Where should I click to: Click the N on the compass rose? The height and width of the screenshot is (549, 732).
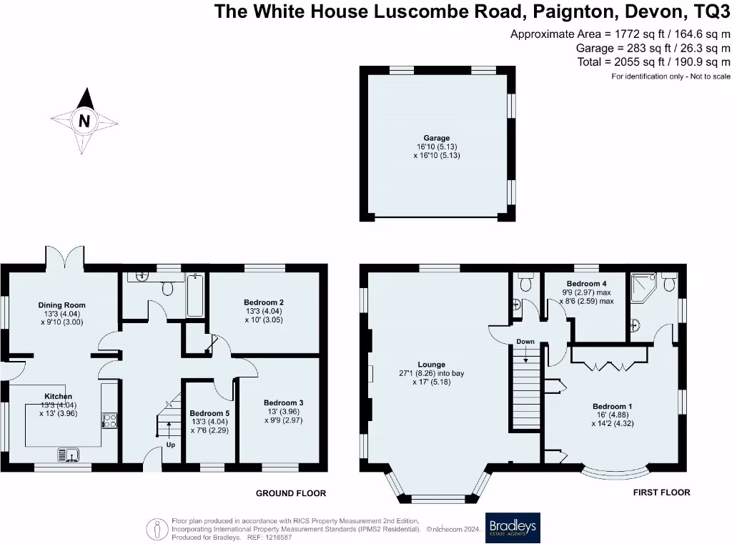tap(84, 122)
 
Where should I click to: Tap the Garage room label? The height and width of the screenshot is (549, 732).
tap(435, 138)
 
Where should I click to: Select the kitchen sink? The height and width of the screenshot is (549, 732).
tap(69, 452)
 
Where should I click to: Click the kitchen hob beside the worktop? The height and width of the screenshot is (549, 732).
tap(110, 420)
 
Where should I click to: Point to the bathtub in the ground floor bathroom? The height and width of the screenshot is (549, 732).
tap(194, 295)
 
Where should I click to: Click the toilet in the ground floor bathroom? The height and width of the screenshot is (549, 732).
tap(169, 287)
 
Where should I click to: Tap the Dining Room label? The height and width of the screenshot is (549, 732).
tap(61, 305)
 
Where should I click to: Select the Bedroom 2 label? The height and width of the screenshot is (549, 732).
tap(264, 302)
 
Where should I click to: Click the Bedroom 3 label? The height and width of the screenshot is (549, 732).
tap(283, 403)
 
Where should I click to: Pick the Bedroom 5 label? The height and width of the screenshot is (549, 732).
tap(209, 413)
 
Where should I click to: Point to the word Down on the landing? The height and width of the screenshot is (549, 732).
tap(525, 342)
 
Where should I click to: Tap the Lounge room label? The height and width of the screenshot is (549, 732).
tap(431, 365)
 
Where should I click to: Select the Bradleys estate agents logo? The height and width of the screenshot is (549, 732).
tap(513, 528)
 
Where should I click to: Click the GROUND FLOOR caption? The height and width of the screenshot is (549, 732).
tap(291, 493)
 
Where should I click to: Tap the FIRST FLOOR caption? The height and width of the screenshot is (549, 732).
tap(661, 493)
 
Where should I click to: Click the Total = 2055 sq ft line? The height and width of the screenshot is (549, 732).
tap(653, 62)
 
